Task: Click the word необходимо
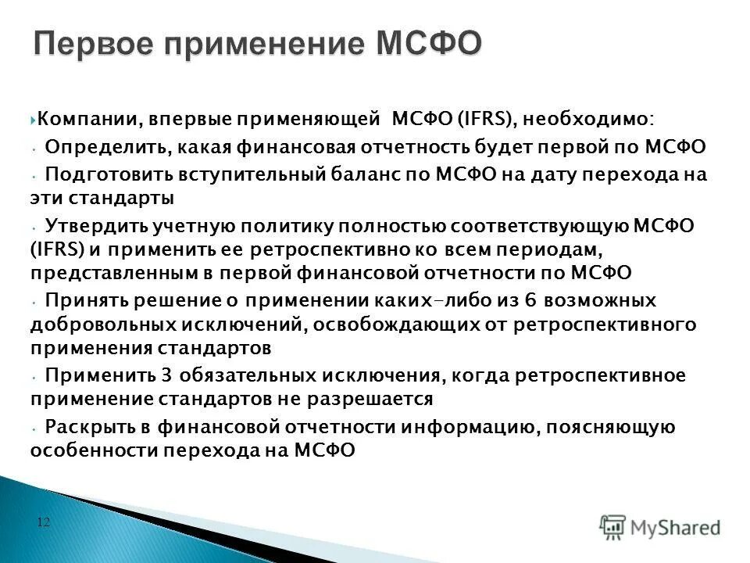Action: (x=590, y=119)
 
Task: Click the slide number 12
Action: (x=43, y=522)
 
